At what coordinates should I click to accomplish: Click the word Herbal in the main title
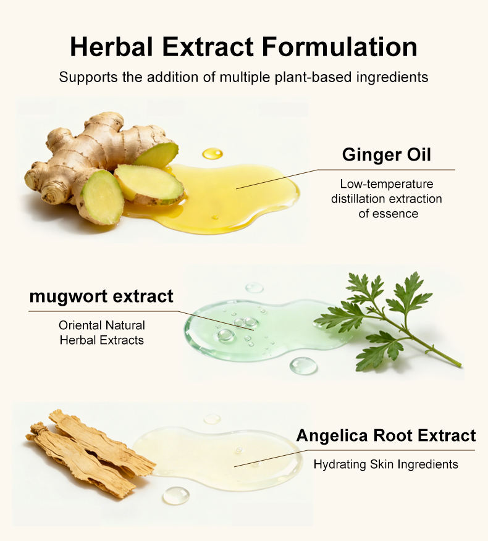pos(111,46)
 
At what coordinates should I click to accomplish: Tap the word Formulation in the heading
pos(340,46)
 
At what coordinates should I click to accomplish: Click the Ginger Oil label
pos(387,154)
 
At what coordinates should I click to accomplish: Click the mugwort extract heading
pos(101,296)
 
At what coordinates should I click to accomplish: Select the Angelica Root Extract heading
pos(386,435)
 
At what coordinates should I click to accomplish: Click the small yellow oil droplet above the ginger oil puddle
pos(212,154)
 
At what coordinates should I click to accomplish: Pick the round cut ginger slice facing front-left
pos(103,198)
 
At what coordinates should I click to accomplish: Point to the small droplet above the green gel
pos(255,287)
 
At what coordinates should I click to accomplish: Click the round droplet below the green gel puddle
pos(303,366)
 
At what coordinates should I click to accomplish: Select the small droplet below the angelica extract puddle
pos(176,496)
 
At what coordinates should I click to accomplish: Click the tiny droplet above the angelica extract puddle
pos(212,419)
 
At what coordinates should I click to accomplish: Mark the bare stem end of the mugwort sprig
pos(460,364)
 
